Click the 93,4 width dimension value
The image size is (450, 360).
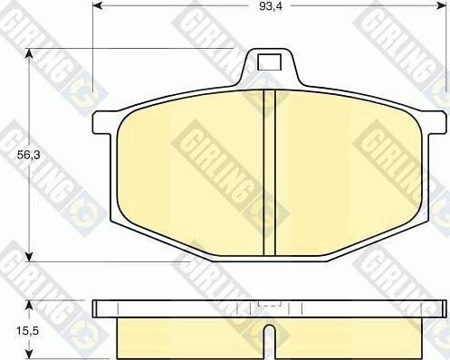pos(271,6)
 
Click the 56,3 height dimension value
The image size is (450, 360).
pos(28,155)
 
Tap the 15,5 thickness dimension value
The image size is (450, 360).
pos(28,331)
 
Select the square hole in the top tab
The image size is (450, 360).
pos(269,62)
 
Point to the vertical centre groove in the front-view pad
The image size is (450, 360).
pos(270,173)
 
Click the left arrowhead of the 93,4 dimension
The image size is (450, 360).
pos(98,5)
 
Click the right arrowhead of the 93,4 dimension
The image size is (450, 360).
pos(441,5)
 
